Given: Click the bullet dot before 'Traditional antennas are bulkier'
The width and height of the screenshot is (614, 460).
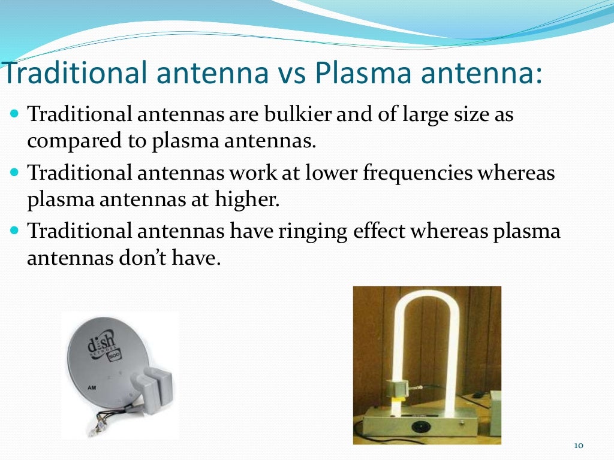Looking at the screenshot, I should (15, 114).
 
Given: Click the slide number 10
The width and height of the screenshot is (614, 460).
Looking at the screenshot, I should (579, 445).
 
